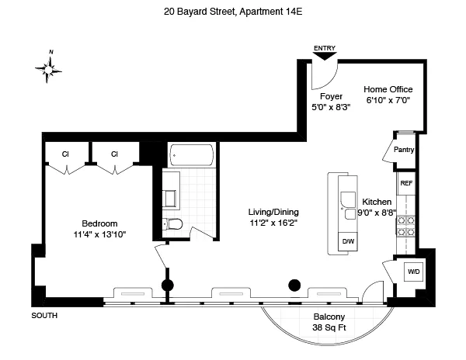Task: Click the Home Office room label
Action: (x=388, y=90)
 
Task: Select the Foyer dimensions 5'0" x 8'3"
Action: (x=331, y=108)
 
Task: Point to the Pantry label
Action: (x=404, y=150)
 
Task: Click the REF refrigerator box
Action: (x=405, y=185)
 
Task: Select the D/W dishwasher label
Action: (x=348, y=242)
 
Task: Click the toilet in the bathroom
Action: (x=173, y=225)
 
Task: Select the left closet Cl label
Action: (x=66, y=154)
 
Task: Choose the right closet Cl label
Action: (x=114, y=154)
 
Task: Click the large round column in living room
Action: (x=294, y=285)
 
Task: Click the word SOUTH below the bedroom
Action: (x=44, y=316)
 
